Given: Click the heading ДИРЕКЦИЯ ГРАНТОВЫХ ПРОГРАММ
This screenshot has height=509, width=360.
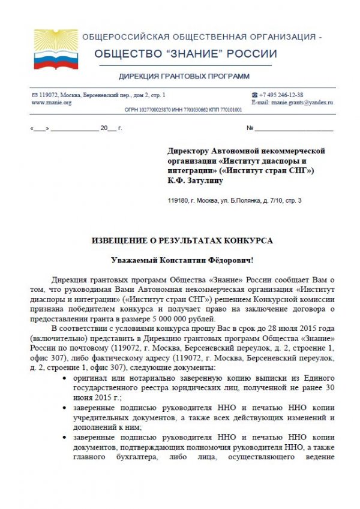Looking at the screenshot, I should tap(184, 76).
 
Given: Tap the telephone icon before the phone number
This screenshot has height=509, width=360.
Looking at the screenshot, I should tap(255, 95).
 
